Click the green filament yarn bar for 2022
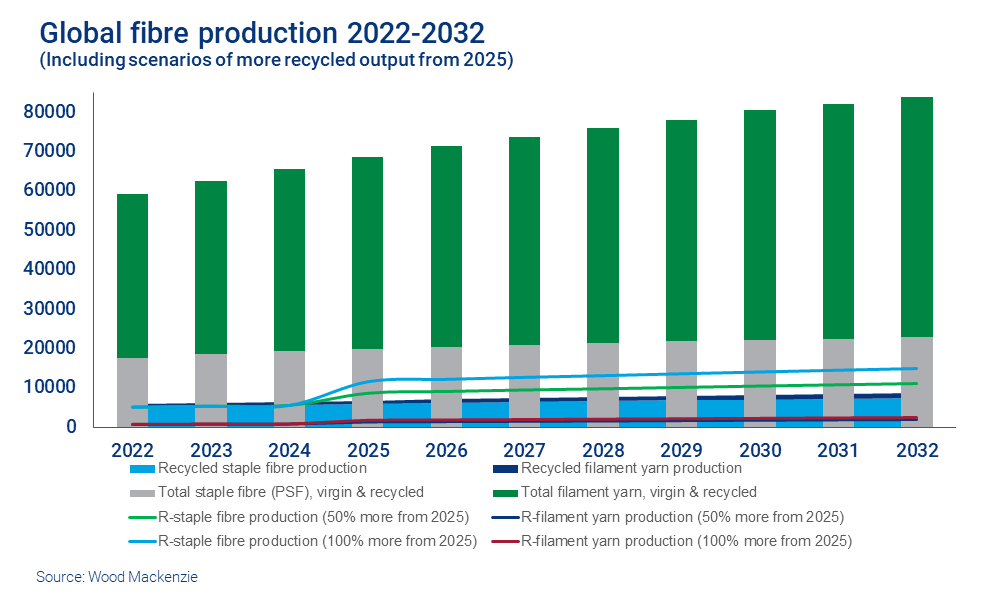point(133,275)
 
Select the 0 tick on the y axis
point(70,427)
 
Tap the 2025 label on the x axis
point(368,450)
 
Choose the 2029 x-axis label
point(682,450)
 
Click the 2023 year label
point(211,450)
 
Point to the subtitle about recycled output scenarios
point(276,61)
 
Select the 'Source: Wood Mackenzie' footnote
point(117,577)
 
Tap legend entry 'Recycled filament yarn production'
point(631,467)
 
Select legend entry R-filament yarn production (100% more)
point(686,541)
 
